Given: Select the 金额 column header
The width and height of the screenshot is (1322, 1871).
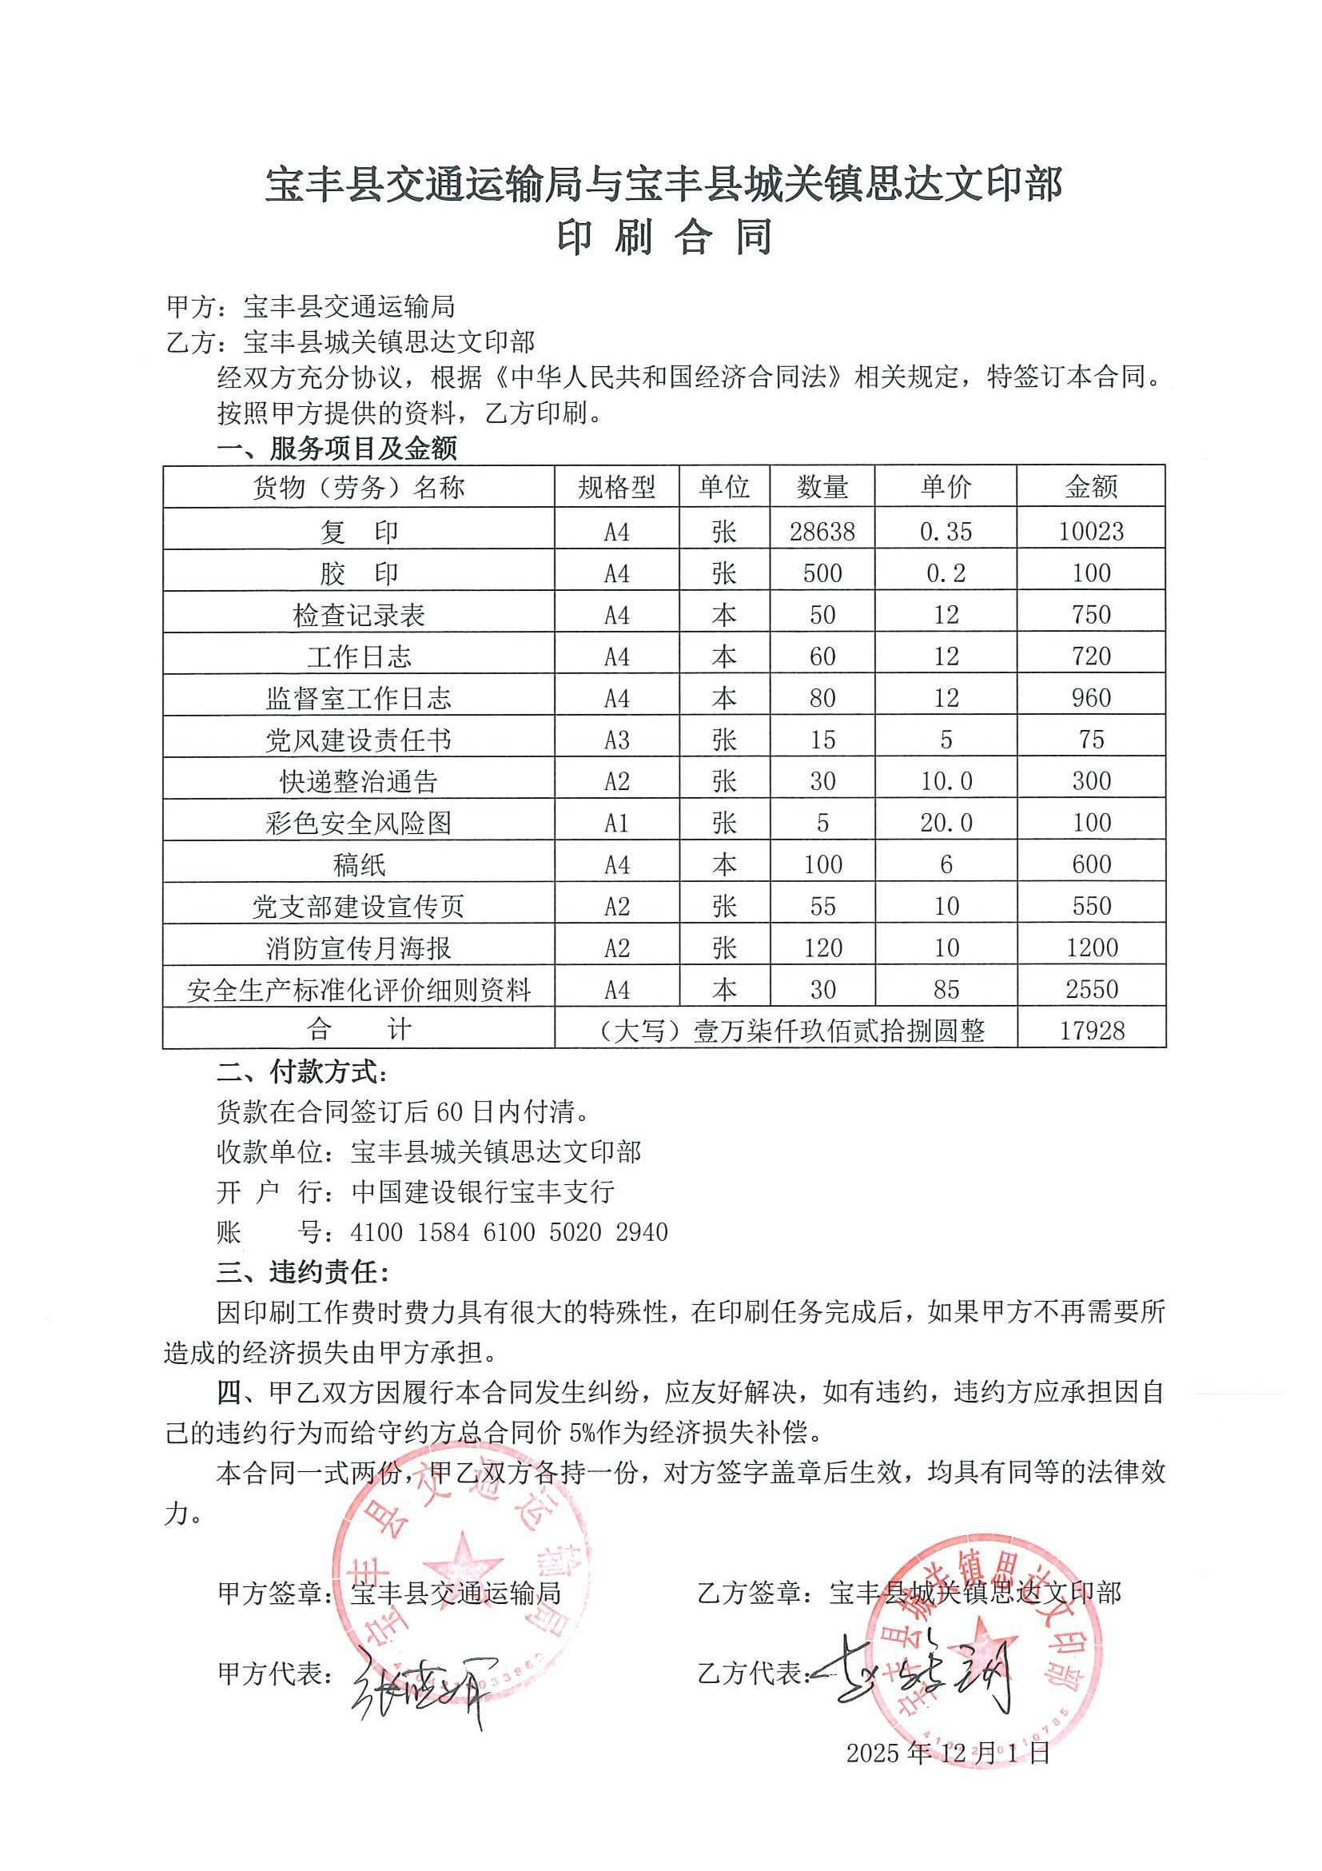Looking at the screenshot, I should [x=1091, y=486].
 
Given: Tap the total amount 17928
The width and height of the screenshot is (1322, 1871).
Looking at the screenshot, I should [x=1092, y=1030].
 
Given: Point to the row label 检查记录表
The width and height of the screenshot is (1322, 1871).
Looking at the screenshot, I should [x=358, y=615].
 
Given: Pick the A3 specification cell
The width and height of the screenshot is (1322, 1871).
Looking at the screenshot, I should [x=616, y=740].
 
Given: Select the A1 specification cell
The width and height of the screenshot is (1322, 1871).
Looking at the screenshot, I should [x=616, y=823].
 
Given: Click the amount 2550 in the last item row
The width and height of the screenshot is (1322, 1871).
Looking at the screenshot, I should [x=1092, y=988].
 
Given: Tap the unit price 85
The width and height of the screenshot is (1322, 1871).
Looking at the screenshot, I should [x=946, y=989].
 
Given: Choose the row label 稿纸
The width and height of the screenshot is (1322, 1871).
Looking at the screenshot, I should [x=358, y=864].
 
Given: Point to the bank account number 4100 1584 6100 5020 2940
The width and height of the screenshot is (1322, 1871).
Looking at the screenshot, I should [x=509, y=1232].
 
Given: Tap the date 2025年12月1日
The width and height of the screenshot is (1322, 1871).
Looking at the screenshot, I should [x=948, y=1753].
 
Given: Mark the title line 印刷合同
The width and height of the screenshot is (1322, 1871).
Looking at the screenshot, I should [x=664, y=237].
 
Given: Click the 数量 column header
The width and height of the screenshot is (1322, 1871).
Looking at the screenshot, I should [x=822, y=486].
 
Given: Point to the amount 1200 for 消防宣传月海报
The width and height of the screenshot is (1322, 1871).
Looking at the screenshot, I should [x=1092, y=947].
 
